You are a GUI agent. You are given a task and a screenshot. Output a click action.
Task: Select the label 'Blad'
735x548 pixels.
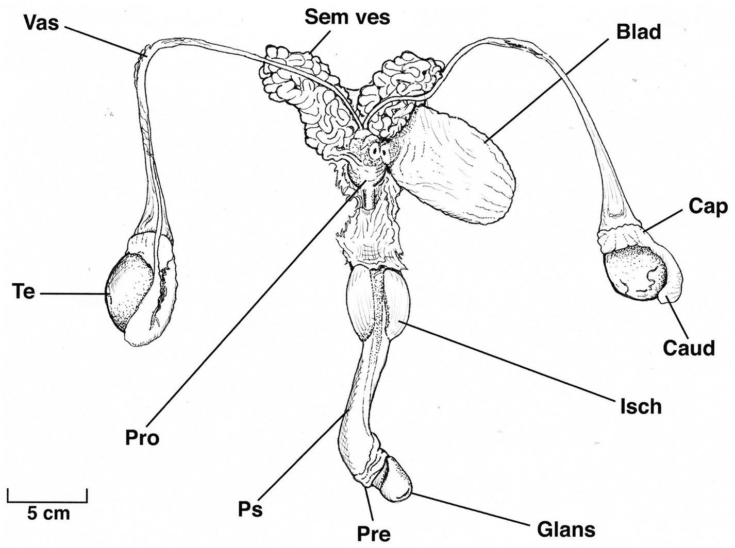tap(638, 32)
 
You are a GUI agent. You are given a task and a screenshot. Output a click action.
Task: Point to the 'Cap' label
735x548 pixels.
tap(708, 207)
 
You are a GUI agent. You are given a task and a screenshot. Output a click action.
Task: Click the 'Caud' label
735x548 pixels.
tap(689, 348)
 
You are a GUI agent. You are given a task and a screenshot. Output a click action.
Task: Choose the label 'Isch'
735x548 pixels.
tap(641, 406)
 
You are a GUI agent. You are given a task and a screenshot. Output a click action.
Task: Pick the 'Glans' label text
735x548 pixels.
tap(566, 529)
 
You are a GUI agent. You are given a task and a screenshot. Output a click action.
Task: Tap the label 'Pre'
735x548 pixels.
tap(374, 534)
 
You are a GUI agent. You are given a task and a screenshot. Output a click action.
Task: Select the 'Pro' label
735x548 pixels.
tap(142, 438)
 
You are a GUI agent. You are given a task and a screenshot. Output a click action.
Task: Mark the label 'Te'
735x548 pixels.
tap(23, 292)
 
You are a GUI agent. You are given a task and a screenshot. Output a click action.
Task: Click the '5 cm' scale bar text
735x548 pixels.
tap(48, 513)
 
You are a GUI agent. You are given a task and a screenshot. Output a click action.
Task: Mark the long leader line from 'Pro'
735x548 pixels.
tap(253, 309)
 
